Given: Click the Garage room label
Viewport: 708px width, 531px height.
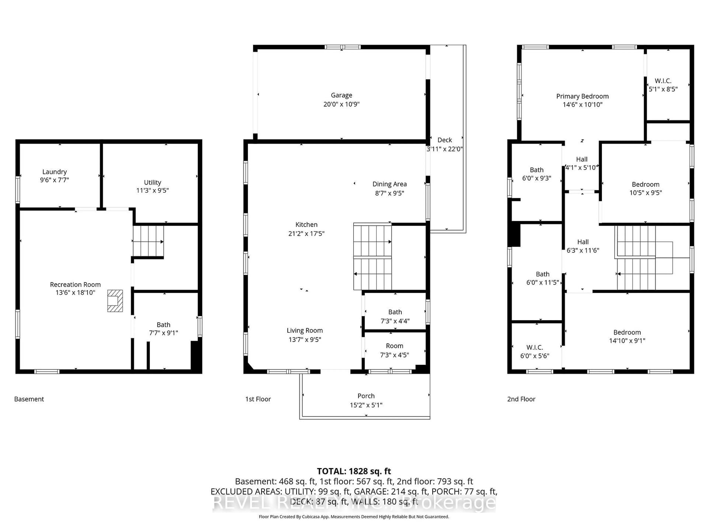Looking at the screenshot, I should coord(341,95).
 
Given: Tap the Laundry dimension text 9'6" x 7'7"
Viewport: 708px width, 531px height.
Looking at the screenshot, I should coord(54,180).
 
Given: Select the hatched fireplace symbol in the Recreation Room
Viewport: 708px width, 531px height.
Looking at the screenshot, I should coord(115,301).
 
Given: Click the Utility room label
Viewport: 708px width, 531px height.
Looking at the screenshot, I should coord(152,183).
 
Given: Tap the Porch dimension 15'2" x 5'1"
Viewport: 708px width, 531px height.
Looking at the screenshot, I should coord(366,405).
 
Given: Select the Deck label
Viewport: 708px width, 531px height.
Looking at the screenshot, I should coord(445,140).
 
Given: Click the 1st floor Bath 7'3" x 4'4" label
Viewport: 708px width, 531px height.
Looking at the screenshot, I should coord(395,312).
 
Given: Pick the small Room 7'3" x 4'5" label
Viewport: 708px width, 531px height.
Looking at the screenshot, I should coord(394,346).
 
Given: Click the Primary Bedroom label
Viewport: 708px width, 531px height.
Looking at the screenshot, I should coord(582,96).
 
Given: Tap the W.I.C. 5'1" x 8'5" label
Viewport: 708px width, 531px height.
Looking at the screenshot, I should coord(663,81).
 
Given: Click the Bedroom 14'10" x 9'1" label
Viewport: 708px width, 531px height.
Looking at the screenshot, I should coord(627,333).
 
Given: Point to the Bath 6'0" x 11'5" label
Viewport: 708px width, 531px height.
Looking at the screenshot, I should coord(542,274).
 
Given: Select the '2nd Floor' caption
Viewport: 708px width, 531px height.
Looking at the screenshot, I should coord(521,399).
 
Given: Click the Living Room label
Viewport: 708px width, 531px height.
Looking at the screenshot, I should coord(304,331).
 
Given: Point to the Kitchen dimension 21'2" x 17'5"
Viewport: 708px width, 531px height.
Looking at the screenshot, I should coord(306,234).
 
